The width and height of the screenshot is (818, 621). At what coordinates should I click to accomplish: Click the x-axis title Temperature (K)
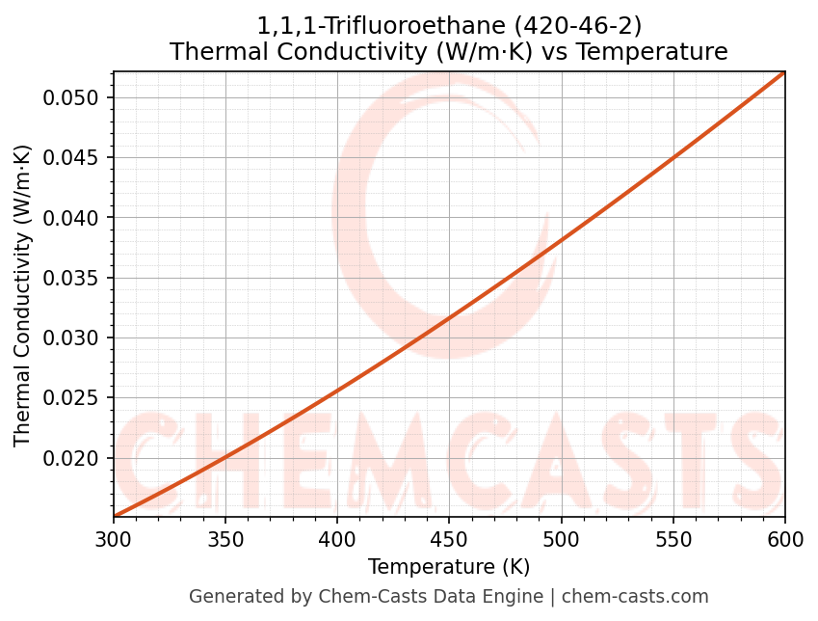[x=449, y=567]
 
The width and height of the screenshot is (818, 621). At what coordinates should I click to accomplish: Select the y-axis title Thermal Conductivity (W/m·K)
[x=23, y=295]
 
